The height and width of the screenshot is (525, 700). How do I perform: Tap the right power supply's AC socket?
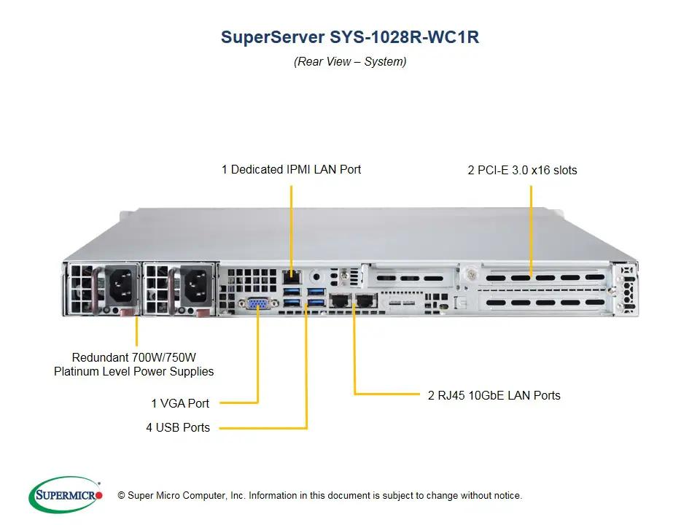click(x=197, y=284)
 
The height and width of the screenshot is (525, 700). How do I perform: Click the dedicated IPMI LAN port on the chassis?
click(x=291, y=277)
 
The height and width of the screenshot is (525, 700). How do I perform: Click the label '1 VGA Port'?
click(x=180, y=403)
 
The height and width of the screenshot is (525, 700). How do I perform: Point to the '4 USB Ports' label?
click(x=177, y=427)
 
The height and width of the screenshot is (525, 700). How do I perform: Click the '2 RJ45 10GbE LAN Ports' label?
click(x=494, y=395)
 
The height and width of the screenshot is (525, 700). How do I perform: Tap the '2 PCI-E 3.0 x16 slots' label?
click(x=522, y=170)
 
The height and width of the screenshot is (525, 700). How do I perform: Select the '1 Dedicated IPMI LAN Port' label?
click(x=291, y=169)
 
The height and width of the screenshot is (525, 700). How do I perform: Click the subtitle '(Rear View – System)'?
click(x=350, y=62)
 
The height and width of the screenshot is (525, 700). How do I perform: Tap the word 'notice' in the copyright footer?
click(x=507, y=496)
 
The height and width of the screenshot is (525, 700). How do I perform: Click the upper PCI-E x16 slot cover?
click(x=543, y=277)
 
